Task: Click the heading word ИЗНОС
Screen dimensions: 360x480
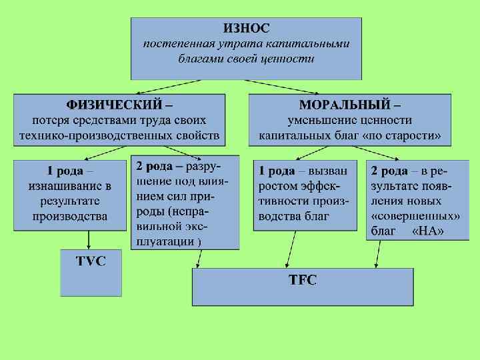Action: [246, 28]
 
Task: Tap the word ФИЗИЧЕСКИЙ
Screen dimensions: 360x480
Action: [113, 105]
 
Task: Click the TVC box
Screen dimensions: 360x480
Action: [91, 261]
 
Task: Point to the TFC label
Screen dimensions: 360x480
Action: [303, 281]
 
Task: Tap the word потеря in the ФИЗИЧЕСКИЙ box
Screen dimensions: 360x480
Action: [51, 121]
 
